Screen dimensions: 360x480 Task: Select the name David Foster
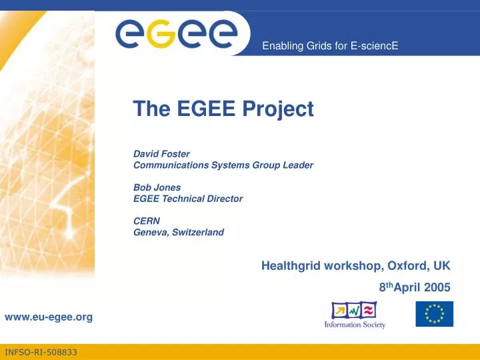[161, 153]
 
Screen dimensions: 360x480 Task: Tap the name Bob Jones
[157, 187]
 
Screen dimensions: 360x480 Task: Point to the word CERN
[147, 221]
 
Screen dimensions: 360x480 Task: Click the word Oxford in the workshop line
[404, 265]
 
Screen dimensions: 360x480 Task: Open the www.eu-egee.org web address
[49, 317]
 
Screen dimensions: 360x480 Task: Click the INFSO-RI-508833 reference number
[41, 351]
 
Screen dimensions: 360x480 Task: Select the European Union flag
[434, 313]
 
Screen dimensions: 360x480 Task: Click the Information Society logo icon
[354, 311]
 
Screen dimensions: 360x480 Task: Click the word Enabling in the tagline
[280, 46]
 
